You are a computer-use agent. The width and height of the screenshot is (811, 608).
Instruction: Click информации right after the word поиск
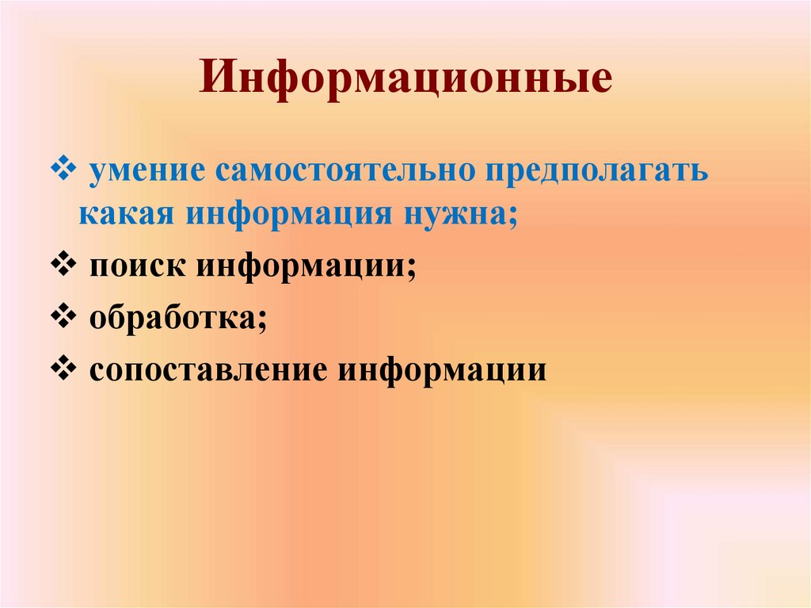click(301, 267)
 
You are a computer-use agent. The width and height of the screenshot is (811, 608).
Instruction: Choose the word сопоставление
click(209, 369)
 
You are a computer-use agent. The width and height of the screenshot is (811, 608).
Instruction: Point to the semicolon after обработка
click(261, 322)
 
